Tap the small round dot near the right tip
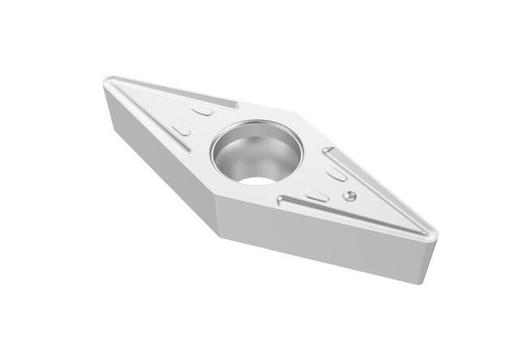(x=350, y=195)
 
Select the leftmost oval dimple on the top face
(x=182, y=130)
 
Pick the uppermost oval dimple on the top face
(x=202, y=109)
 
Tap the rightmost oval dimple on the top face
(x=337, y=174)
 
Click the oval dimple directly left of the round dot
(x=317, y=195)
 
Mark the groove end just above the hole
(x=236, y=105)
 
